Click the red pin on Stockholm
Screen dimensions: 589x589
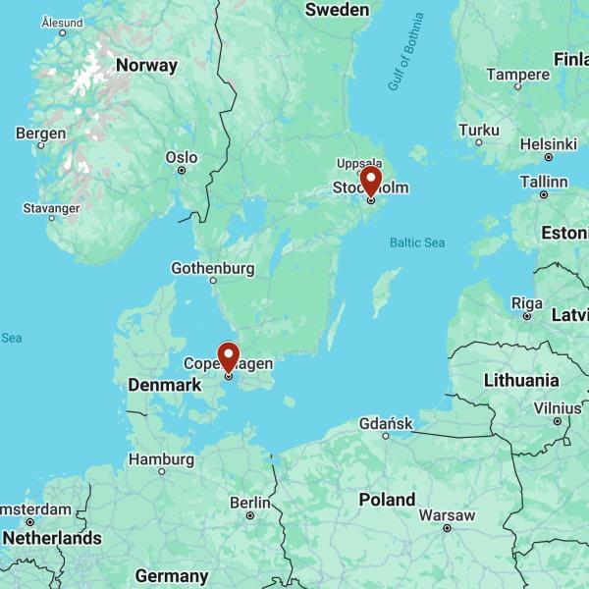tap(371, 182)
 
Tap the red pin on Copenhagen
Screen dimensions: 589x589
tap(228, 356)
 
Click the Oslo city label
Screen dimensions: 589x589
tap(182, 157)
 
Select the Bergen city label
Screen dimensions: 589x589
tap(41, 134)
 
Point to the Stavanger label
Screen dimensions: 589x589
tap(52, 208)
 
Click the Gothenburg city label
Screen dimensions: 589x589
tap(213, 268)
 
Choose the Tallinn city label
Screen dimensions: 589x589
tap(543, 182)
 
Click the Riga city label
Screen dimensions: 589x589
tap(527, 302)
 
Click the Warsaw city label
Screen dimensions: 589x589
tap(447, 515)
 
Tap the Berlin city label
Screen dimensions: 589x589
tap(249, 503)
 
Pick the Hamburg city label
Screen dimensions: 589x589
tap(162, 458)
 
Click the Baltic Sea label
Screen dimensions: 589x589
tap(417, 241)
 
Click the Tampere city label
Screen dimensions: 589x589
tap(517, 75)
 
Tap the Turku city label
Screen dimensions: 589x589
tap(479, 130)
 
